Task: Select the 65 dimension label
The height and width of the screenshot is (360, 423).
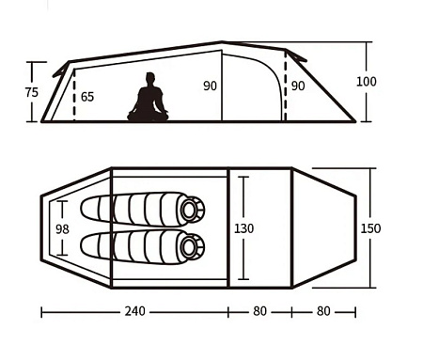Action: pyautogui.click(x=87, y=97)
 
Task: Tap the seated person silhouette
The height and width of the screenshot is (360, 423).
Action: pyautogui.click(x=148, y=101)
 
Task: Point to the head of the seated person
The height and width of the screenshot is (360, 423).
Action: pyautogui.click(x=149, y=80)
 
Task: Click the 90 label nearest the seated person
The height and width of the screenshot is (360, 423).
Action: pyautogui.click(x=210, y=86)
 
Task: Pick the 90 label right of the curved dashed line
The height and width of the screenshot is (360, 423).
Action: pyautogui.click(x=298, y=86)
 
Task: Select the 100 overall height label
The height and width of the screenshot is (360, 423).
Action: pyautogui.click(x=367, y=81)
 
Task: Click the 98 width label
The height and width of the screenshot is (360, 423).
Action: pyautogui.click(x=63, y=229)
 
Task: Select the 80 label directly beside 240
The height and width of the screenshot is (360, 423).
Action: pyautogui.click(x=260, y=312)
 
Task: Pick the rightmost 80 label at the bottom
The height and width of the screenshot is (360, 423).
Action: pyautogui.click(x=323, y=312)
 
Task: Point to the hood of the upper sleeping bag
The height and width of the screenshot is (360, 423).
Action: pyautogui.click(x=191, y=209)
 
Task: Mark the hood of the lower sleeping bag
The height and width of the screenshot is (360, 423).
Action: pyautogui.click(x=191, y=246)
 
